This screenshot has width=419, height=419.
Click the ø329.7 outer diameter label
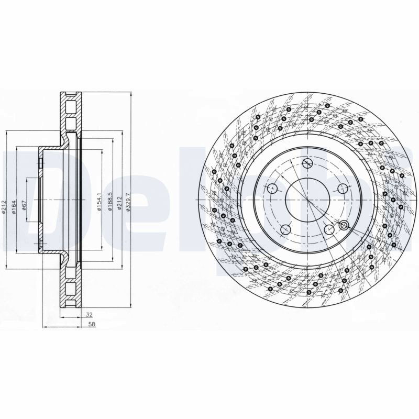click(x=128, y=202)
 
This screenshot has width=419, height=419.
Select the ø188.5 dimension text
click(x=109, y=202)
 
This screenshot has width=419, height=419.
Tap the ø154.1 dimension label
click(x=99, y=202)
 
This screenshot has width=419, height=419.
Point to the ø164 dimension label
click(x=14, y=207)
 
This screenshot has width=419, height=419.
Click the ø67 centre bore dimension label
click(x=24, y=205)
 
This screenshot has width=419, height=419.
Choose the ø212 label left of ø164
click(x=4, y=207)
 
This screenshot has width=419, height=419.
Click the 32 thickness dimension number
click(x=89, y=315)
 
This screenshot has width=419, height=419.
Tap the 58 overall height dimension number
click(x=92, y=324)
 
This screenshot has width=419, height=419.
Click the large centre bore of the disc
click(x=308, y=200)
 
